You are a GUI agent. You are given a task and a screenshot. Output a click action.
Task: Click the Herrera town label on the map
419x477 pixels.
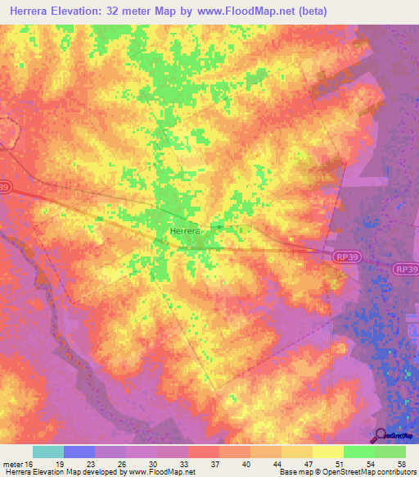(x=184, y=232)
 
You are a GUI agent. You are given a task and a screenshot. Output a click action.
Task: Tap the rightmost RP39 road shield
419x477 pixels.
(x=404, y=268)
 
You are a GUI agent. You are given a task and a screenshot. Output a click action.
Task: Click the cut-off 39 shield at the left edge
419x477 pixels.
(x=4, y=187)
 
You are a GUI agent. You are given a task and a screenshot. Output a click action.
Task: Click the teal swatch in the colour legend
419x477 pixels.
(x=47, y=452)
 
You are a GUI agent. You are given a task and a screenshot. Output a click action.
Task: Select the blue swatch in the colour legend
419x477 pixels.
(x=79, y=452)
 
